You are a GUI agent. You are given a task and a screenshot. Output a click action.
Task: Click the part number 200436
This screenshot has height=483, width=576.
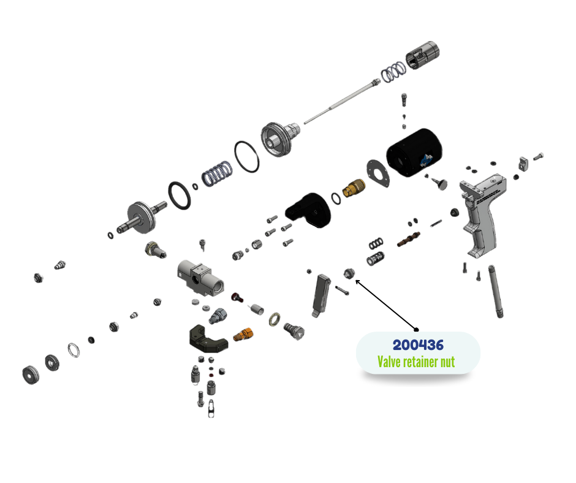coord(418,345)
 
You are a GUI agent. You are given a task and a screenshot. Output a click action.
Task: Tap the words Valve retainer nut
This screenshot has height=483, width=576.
coord(416,362)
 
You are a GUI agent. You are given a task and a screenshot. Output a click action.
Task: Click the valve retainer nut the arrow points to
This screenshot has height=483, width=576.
coord(349,273)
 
